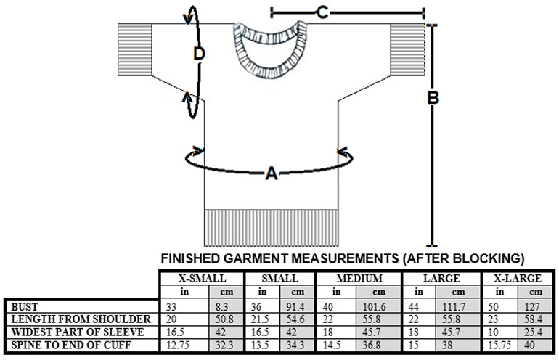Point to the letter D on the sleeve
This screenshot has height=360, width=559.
pos(200,53)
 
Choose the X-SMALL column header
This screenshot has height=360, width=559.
pos(202,278)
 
